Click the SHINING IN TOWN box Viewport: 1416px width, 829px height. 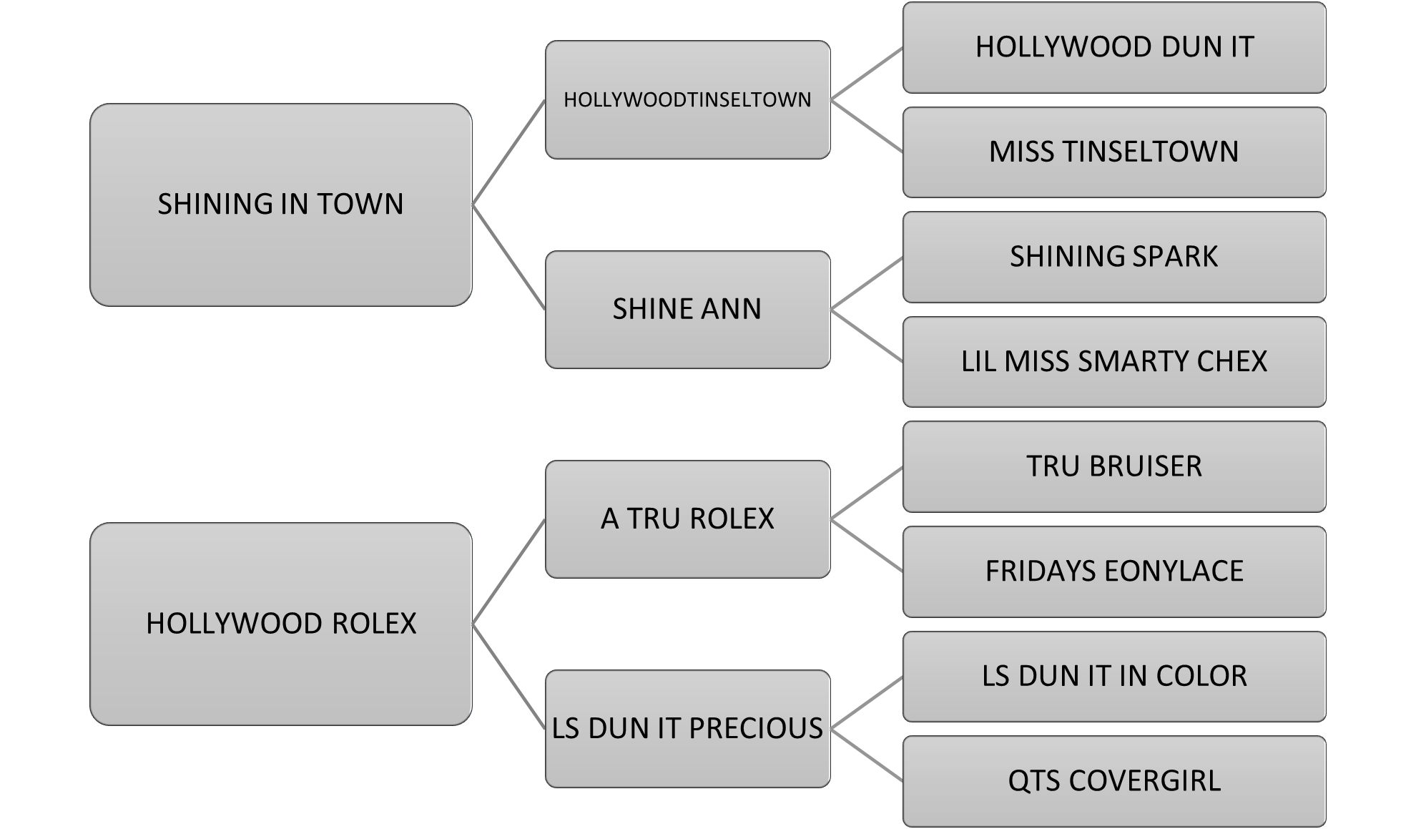tap(280, 205)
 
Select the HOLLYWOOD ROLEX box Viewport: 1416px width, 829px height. tap(280, 624)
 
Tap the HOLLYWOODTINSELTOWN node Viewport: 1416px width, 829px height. tap(687, 99)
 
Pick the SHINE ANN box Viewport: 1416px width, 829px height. tap(687, 309)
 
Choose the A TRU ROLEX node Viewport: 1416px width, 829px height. tap(687, 519)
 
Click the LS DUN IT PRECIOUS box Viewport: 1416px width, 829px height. tap(687, 728)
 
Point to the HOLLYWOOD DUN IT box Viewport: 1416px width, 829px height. tap(1114, 47)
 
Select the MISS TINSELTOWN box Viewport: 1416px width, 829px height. tap(1114, 152)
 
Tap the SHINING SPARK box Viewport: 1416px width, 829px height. tap(1114, 257)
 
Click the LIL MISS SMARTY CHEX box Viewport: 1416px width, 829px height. tap(1114, 361)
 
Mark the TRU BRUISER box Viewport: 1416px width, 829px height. tap(1114, 466)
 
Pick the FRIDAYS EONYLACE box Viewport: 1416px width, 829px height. tap(1114, 571)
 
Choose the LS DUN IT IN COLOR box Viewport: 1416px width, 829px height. tap(1114, 676)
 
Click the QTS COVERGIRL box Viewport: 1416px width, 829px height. tap(1114, 780)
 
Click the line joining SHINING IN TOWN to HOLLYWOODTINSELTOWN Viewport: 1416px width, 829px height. tap(508, 152)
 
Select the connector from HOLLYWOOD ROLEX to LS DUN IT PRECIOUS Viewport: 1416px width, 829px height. tap(508, 676)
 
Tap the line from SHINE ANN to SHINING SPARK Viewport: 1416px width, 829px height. tap(867, 283)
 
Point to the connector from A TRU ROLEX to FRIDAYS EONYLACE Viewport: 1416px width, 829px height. tap(867, 545)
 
